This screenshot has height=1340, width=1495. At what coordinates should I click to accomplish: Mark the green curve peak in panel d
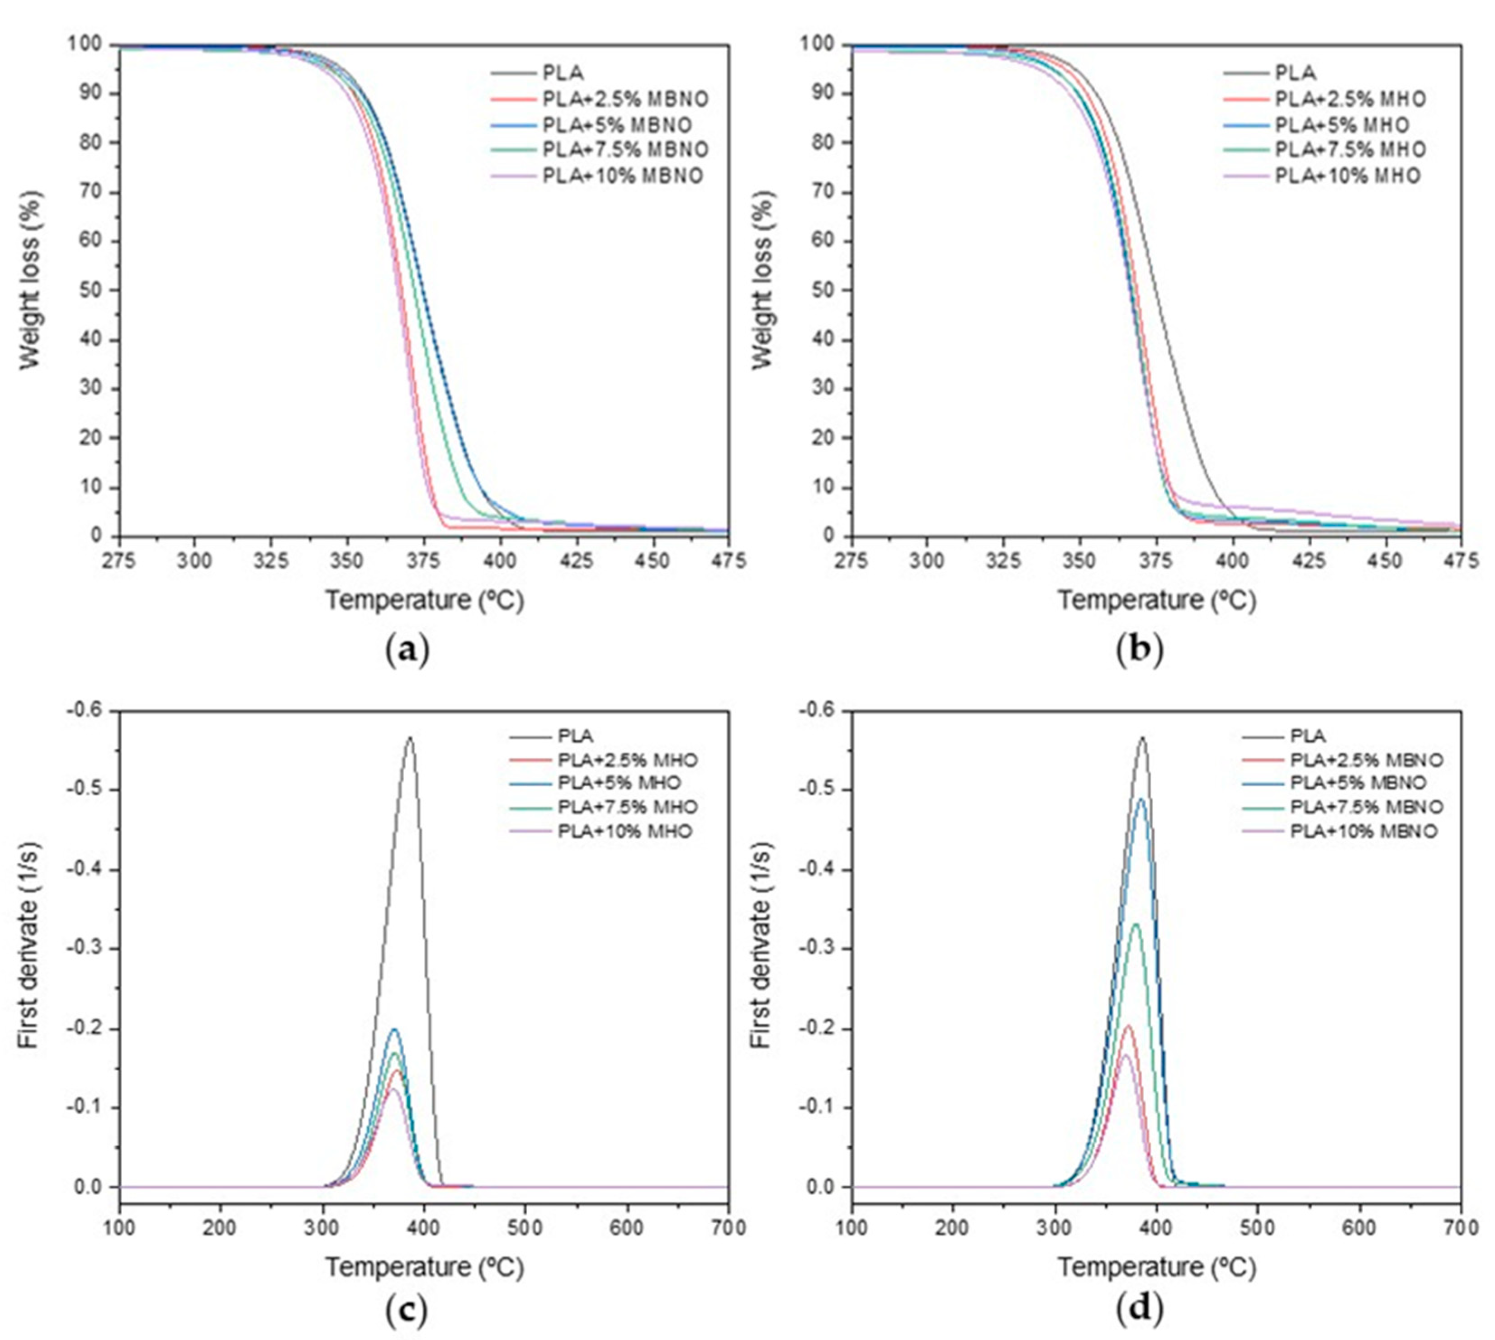1136,924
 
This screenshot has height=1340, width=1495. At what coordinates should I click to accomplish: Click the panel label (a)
407,651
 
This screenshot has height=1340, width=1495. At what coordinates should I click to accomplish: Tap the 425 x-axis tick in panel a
577,561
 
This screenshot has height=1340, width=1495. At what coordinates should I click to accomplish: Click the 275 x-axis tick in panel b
852,561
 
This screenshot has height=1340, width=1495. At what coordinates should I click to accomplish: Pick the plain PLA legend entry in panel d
1307,736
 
